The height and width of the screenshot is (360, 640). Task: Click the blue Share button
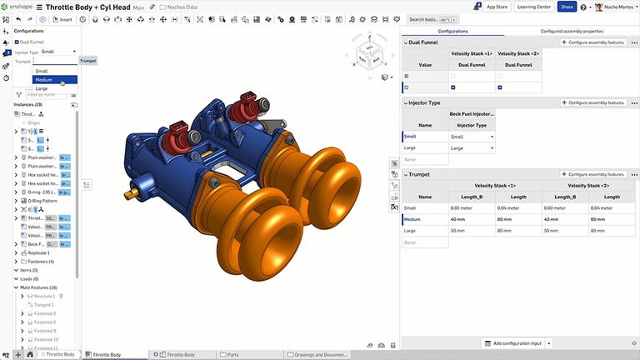(x=567, y=7)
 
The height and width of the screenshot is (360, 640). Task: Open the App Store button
(x=497, y=7)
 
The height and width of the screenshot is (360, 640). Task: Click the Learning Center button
(x=533, y=7)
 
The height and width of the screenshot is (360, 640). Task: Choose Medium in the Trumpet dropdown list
(x=44, y=80)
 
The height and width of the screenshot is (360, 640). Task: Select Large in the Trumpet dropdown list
(x=42, y=88)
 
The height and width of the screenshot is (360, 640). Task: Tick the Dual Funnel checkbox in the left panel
(x=17, y=42)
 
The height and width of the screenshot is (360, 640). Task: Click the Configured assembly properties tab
(x=571, y=31)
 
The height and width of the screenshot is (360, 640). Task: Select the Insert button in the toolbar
(x=64, y=19)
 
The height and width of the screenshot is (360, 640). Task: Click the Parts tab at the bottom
(x=232, y=355)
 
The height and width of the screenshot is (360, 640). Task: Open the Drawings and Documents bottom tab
(x=317, y=355)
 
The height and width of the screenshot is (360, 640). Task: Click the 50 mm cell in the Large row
(x=461, y=230)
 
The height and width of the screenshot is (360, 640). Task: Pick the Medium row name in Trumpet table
(x=412, y=219)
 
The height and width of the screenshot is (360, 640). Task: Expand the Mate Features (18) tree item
(x=16, y=287)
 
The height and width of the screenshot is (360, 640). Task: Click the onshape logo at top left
(x=33, y=7)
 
